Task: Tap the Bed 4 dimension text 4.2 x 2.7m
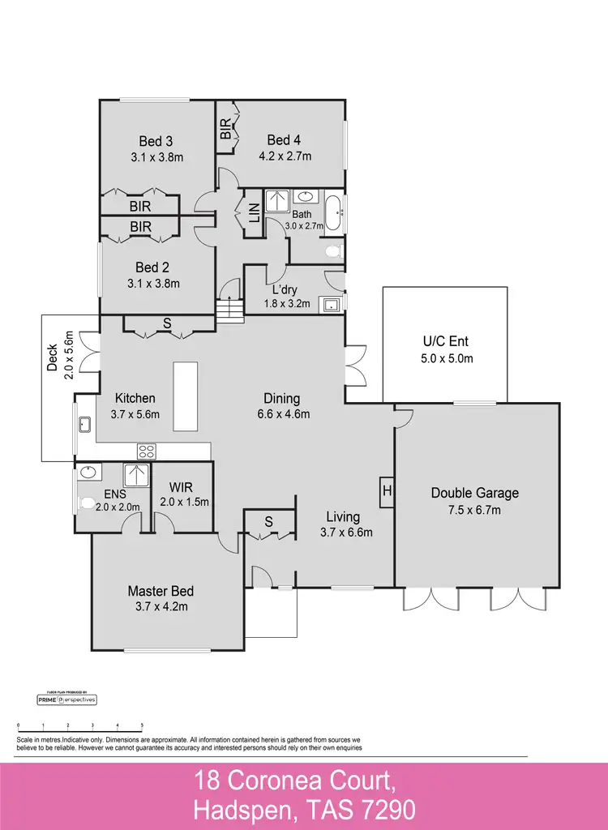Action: [x=285, y=156]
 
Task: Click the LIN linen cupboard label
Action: [x=254, y=213]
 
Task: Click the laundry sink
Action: [x=331, y=306]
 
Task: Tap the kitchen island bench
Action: [x=186, y=397]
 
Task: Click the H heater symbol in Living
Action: [x=387, y=491]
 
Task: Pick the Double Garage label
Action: [x=474, y=493]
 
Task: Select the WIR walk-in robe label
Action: [x=180, y=487]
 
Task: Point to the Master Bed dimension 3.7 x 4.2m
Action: [x=161, y=606]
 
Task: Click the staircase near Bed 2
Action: [x=229, y=309]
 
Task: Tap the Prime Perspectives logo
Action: [x=67, y=699]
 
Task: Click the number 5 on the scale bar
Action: [x=143, y=725]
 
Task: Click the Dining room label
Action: [x=281, y=399]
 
